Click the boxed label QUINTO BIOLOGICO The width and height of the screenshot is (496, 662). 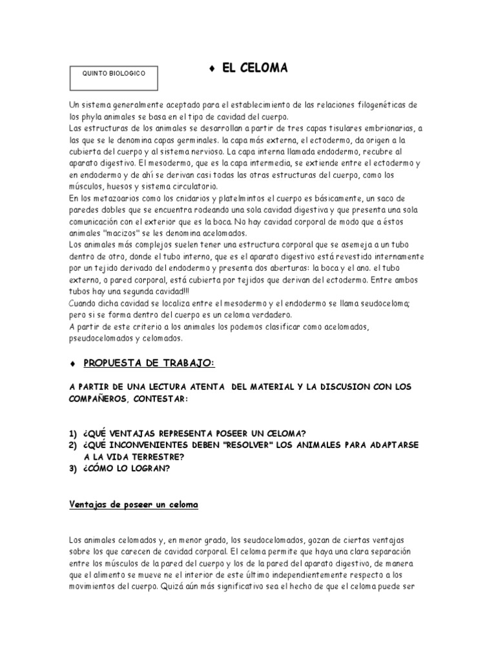(x=114, y=74)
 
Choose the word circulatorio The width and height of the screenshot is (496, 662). (x=185, y=186)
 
